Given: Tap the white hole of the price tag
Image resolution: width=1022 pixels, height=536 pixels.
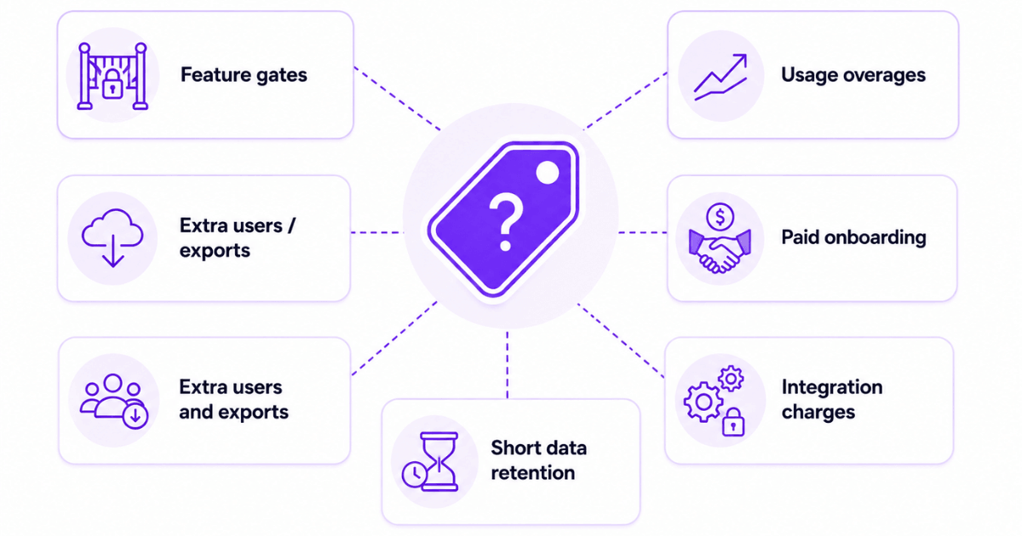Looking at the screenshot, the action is click(x=547, y=173).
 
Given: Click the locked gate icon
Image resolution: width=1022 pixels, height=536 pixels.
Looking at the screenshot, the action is click(x=112, y=76).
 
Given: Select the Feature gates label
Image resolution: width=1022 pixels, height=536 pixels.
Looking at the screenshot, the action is click(x=244, y=75).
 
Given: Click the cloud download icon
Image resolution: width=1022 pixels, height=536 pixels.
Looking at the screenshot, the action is click(x=112, y=237).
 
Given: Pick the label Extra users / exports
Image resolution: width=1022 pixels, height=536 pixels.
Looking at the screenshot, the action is click(x=238, y=238).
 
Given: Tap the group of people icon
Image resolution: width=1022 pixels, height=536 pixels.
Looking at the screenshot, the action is click(x=113, y=401).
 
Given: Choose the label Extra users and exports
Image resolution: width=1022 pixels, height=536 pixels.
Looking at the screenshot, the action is click(x=233, y=399).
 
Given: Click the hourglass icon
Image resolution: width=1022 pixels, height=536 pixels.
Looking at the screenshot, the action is click(x=439, y=461).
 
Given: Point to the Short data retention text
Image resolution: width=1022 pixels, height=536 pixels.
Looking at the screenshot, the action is click(x=538, y=460).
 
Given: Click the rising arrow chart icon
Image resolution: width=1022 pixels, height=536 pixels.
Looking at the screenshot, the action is click(x=721, y=77).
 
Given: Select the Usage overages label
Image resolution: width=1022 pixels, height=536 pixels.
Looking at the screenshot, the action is click(x=853, y=75).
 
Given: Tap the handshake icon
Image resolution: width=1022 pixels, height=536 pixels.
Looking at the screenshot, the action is click(x=720, y=251).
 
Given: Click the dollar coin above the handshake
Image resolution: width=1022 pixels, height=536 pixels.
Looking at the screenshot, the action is click(x=720, y=216).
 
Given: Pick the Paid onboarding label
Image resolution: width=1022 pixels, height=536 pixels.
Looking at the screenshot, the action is click(x=853, y=237).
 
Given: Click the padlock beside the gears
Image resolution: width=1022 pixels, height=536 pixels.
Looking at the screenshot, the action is click(x=732, y=422).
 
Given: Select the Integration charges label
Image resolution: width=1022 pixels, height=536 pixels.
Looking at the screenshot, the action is click(x=832, y=399).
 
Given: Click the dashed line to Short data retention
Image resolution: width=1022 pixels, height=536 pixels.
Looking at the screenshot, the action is click(x=508, y=365).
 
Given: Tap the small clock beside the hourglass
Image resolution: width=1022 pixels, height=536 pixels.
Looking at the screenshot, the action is click(x=414, y=475).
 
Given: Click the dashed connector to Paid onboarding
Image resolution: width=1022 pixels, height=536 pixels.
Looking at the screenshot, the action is click(x=642, y=232).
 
